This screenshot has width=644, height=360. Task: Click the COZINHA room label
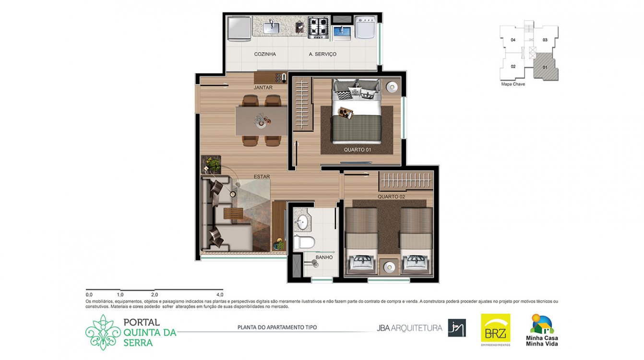pyautogui.click(x=265, y=54)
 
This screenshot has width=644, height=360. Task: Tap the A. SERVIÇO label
pyautogui.click(x=322, y=54)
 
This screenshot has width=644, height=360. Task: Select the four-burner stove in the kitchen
pyautogui.click(x=318, y=28)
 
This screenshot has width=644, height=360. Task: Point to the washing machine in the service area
pyautogui.click(x=365, y=27)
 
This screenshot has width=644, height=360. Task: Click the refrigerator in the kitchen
pyautogui.click(x=239, y=28)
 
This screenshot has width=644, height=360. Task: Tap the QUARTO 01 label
pyautogui.click(x=358, y=150)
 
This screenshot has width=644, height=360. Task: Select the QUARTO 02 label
pyautogui.click(x=391, y=197)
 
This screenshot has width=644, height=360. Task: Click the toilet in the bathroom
pyautogui.click(x=304, y=242)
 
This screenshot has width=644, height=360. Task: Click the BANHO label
pyautogui.click(x=324, y=257)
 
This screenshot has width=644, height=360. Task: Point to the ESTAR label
pyautogui.click(x=262, y=177)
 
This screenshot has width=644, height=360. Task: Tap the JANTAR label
pyautogui.click(x=263, y=87)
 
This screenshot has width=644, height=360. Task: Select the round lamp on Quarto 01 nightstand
pyautogui.click(x=392, y=87)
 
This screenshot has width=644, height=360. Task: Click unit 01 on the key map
pyautogui.click(x=545, y=67)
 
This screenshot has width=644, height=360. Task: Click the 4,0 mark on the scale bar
pyautogui.click(x=220, y=295)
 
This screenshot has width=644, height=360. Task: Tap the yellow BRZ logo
pyautogui.click(x=496, y=328)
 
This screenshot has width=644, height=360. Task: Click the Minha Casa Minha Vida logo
pyautogui.click(x=542, y=330)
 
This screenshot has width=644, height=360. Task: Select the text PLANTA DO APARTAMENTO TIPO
pyautogui.click(x=277, y=327)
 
